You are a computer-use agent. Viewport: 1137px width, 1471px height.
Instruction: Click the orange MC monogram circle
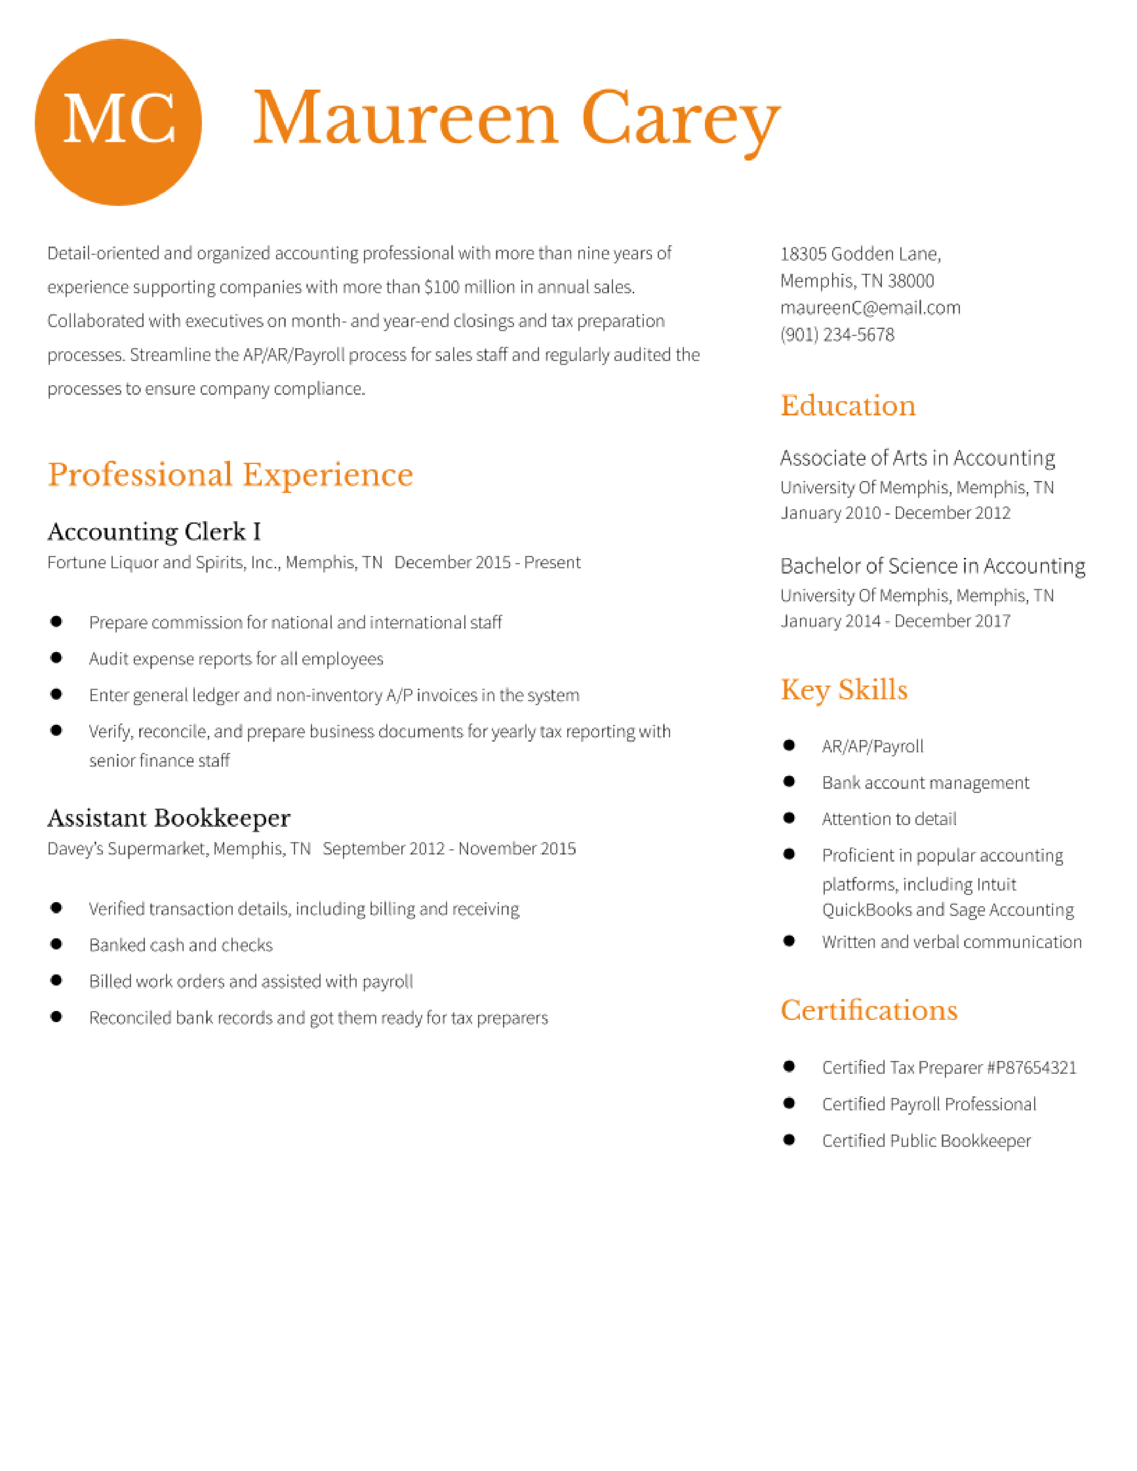(x=118, y=122)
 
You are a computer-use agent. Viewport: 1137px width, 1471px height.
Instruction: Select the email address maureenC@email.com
(x=869, y=308)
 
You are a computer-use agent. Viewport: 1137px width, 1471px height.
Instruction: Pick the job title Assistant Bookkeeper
(x=169, y=818)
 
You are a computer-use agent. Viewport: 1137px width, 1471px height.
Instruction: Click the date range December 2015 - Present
(x=487, y=563)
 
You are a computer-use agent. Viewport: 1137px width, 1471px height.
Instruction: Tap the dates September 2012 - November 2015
(x=449, y=849)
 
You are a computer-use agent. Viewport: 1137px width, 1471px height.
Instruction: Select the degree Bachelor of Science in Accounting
(x=932, y=566)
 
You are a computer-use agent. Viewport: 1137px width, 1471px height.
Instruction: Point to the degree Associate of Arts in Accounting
(x=917, y=458)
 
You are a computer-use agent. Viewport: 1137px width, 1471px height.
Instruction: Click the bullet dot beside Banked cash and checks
(x=57, y=944)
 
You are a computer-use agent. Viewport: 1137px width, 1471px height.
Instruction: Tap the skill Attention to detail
(x=889, y=819)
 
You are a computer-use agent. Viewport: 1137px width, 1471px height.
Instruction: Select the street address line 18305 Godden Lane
(x=860, y=254)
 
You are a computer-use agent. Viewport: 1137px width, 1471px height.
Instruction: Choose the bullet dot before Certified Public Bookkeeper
(x=789, y=1140)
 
